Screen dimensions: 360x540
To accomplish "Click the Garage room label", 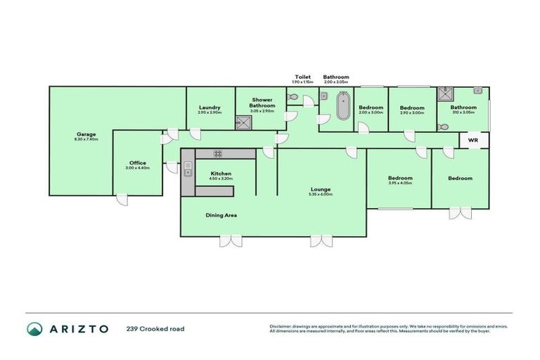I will [x=86, y=134].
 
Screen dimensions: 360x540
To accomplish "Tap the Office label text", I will [x=138, y=162].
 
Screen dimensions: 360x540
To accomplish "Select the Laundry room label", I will [x=210, y=108].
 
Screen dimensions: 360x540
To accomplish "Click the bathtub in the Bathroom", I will [x=343, y=108].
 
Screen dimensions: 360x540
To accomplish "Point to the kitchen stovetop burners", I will [x=218, y=153].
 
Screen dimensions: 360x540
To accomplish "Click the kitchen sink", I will [x=188, y=168].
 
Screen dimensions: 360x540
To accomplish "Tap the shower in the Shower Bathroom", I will [x=243, y=122].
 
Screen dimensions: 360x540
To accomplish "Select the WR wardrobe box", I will [x=474, y=141].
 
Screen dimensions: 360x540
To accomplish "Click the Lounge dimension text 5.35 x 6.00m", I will [x=321, y=194].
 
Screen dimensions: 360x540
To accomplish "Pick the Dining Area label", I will [x=220, y=215].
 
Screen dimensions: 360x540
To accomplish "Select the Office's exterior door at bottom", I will [x=122, y=200].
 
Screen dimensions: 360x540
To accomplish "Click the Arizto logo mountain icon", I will [x=34, y=328].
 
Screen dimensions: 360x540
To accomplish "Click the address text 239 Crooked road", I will [x=155, y=328].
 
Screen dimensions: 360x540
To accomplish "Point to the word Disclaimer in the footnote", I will [x=281, y=326].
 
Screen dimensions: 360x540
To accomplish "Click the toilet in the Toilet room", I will [x=293, y=98].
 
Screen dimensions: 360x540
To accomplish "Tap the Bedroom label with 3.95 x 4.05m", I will [x=400, y=178].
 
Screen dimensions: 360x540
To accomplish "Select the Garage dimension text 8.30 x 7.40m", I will [x=86, y=139].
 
